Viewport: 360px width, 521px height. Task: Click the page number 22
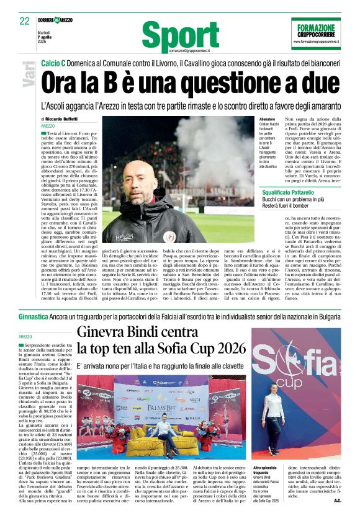click(x=24, y=21)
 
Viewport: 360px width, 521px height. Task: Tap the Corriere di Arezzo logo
click(x=56, y=20)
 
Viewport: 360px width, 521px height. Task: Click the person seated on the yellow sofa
click(x=163, y=430)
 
